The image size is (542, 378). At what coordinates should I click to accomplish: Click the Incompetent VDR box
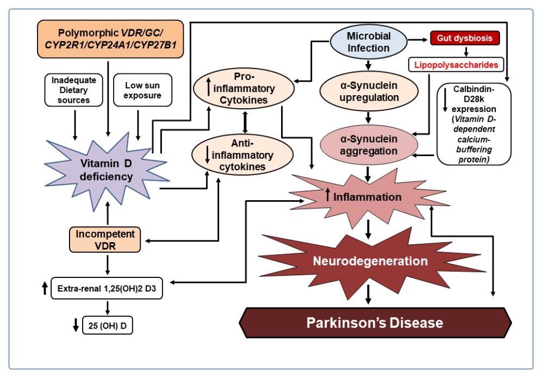tap(105, 240)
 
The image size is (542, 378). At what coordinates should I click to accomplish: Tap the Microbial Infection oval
tap(369, 42)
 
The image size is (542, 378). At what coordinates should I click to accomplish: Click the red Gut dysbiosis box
tap(465, 39)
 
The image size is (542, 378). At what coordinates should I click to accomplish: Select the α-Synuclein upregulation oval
tap(369, 91)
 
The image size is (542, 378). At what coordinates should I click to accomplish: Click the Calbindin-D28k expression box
tap(474, 124)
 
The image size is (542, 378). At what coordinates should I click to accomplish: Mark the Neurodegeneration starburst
tap(369, 262)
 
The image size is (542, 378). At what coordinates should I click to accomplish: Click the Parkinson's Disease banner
tap(375, 323)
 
